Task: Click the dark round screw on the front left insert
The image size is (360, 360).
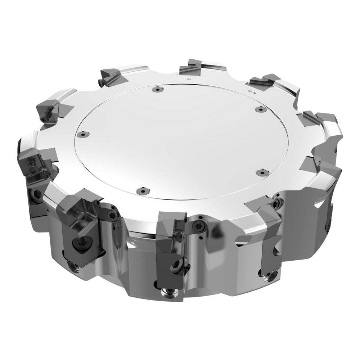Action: [x=80, y=244]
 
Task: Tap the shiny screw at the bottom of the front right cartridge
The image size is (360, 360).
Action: [x=269, y=277]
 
